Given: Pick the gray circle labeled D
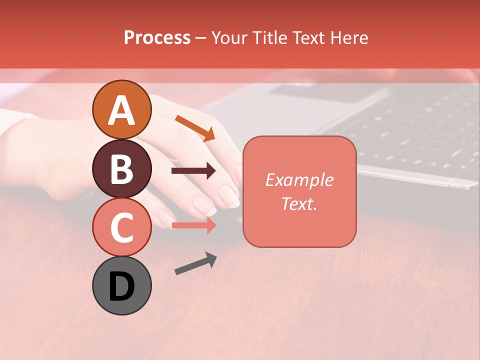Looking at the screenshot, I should click(x=121, y=285).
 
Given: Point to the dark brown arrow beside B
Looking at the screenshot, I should click(x=193, y=171).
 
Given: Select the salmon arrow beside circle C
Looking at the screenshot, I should click(x=193, y=225).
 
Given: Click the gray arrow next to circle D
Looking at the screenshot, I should click(x=195, y=263).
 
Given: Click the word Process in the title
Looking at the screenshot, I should click(x=157, y=38).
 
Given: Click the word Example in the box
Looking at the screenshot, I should click(x=299, y=180).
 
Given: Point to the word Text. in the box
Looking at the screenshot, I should click(x=299, y=204).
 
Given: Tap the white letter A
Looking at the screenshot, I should click(x=121, y=110).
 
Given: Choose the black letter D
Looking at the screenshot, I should click(x=121, y=286).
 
